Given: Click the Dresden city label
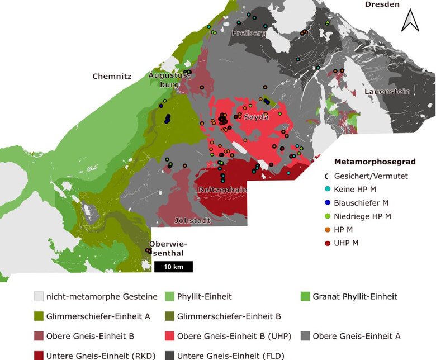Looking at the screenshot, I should tap(382, 4).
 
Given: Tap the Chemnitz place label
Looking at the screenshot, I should tap(112, 77).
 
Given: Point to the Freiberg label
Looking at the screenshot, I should tap(248, 34).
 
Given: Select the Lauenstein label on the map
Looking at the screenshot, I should tap(387, 91).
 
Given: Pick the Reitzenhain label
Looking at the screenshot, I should tap(222, 190).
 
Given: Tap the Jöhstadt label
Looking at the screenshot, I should tap(192, 220).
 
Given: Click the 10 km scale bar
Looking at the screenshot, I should tap(173, 267).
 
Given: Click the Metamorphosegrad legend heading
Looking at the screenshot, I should tap(375, 162).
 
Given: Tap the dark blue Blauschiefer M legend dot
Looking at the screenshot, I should tap(327, 202).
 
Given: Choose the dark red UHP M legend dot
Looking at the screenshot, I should tap(327, 243).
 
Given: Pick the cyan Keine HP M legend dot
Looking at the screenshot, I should tap(327, 189).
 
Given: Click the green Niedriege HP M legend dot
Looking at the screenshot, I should tap(327, 216).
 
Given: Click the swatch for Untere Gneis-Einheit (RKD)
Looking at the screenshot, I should tap(39, 355).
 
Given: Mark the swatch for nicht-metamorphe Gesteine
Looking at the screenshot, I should tap(39, 296).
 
